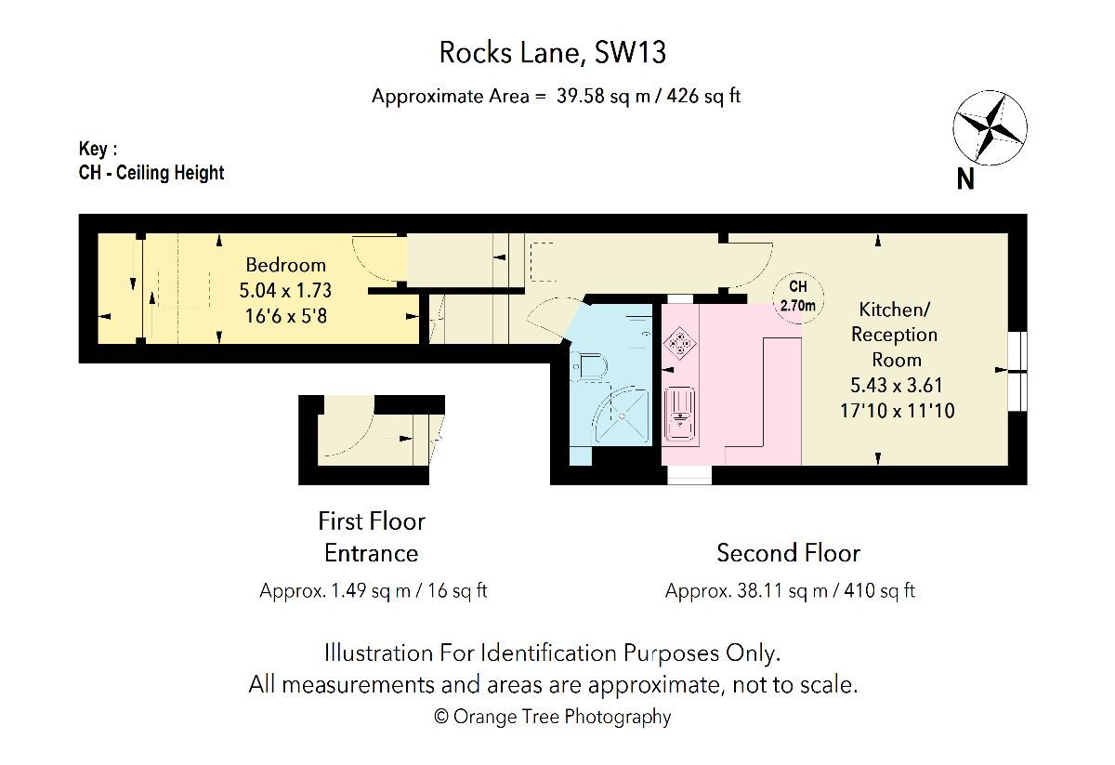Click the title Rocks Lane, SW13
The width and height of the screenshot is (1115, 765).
click(552, 53)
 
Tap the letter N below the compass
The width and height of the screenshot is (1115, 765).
click(966, 179)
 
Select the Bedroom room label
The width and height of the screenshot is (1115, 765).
click(285, 265)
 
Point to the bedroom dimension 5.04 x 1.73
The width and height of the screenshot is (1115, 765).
click(285, 290)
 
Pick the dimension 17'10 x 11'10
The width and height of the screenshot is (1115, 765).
click(897, 410)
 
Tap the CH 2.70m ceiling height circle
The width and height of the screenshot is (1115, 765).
click(798, 297)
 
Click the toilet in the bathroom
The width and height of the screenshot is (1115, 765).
click(588, 368)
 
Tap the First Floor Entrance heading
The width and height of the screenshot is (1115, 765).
click(371, 536)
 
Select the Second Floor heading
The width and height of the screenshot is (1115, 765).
click(788, 553)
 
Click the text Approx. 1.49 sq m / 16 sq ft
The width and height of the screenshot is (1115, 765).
click(374, 591)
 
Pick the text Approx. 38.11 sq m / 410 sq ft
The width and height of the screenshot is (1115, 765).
click(790, 591)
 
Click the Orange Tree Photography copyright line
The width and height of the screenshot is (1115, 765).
click(552, 716)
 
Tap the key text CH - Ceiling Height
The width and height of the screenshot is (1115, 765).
click(151, 172)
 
